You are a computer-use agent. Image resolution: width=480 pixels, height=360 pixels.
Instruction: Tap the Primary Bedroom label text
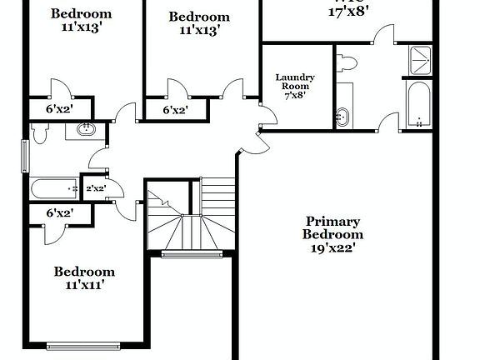point(332,227)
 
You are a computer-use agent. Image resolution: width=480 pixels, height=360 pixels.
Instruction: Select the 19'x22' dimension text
point(332,247)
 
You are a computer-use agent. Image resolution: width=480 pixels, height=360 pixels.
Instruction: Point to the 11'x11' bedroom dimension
point(83,285)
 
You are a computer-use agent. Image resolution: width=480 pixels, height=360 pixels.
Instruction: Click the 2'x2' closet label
point(95,188)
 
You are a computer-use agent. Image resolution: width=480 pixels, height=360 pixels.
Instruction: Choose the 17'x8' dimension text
point(348,12)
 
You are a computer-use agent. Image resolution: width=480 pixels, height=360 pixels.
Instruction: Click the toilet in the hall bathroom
point(40,132)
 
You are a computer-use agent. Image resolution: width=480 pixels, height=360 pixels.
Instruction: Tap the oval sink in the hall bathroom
point(85,129)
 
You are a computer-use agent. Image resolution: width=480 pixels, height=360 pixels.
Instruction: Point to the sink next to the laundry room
point(342,117)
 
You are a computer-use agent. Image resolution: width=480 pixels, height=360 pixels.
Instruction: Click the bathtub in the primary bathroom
point(419,105)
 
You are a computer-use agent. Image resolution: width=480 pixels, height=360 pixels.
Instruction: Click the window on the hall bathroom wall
point(24,155)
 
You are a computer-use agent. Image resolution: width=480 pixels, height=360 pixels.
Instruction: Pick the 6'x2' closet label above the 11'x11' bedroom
point(58,213)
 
